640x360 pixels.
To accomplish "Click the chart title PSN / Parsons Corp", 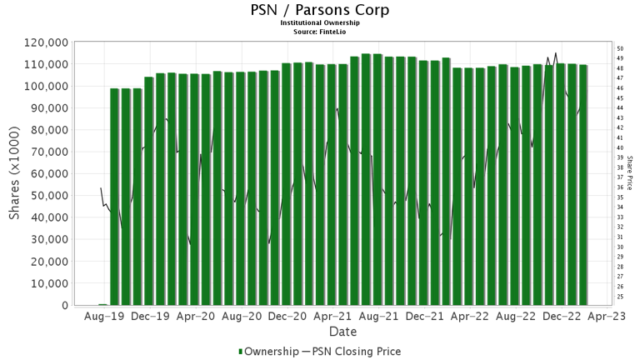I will coord(320,11).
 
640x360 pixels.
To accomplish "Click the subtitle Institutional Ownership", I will coord(320,23).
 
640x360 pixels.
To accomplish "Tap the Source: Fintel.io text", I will coord(320,31).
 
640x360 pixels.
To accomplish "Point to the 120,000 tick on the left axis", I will coord(45,42).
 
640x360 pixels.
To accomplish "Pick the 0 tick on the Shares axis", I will coord(64,305).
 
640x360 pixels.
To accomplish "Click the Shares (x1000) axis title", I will coord(14,173).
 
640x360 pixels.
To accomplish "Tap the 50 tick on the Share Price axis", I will coord(620,48).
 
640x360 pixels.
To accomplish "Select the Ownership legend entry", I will coord(270,352).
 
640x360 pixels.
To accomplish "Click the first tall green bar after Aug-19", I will coord(114,197).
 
